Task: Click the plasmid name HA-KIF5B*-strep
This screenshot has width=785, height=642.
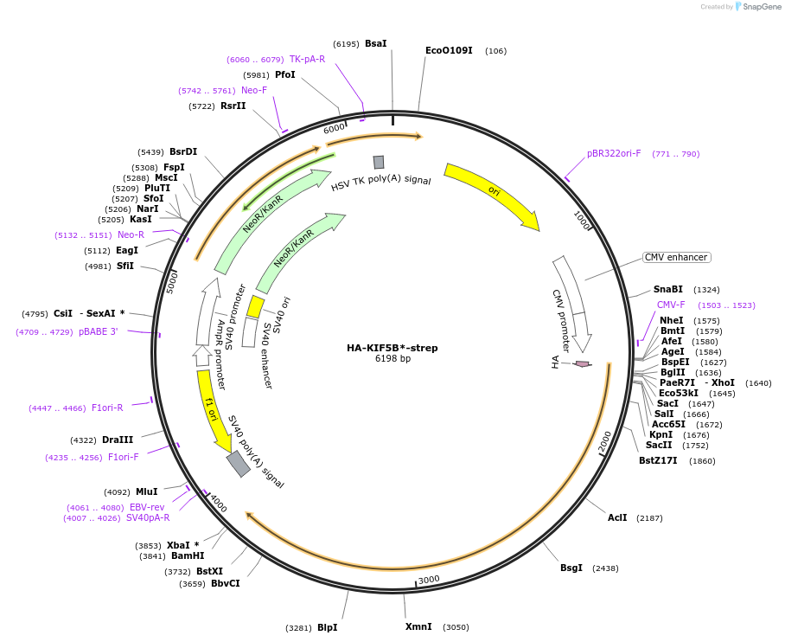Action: pos(392,348)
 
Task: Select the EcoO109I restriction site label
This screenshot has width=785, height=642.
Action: pos(449,51)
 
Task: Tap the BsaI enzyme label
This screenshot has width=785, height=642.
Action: pos(375,43)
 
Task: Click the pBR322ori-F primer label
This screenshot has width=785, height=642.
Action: pos(614,154)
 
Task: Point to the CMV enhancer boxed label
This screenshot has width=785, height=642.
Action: pos(676,257)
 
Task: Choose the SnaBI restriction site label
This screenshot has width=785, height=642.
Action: pos(667,290)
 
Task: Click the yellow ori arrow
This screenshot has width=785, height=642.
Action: pos(493,195)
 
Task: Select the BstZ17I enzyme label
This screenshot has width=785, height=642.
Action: pos(659,461)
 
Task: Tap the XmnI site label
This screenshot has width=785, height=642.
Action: pos(418,626)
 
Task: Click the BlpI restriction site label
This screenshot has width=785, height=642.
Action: pos(327,627)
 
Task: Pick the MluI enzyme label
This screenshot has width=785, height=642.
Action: pos(146,491)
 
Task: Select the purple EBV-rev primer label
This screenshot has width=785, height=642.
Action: pos(146,507)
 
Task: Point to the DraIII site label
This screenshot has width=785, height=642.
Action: pos(118,440)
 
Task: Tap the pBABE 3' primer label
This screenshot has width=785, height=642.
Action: pos(98,331)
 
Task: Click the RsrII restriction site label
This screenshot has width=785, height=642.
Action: pos(233,106)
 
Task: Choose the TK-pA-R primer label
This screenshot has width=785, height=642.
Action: pos(307,60)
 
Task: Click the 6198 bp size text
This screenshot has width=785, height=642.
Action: pos(392,359)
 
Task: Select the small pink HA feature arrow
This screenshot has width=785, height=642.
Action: pos(583,364)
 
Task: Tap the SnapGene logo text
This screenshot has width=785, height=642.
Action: pos(762,7)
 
